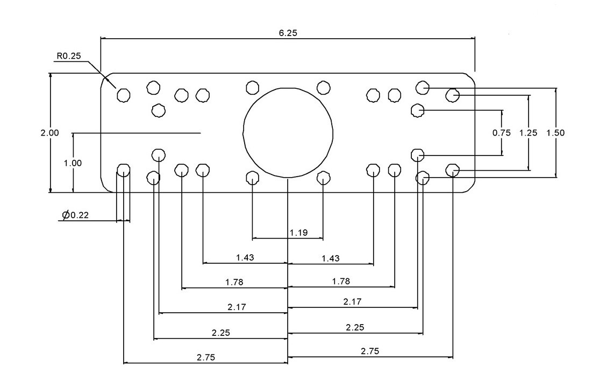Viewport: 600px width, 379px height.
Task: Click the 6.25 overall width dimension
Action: click(288, 33)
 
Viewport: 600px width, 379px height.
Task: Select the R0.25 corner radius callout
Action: click(68, 56)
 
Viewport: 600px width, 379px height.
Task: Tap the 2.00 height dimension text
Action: click(49, 132)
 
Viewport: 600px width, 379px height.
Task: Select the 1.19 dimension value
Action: click(298, 233)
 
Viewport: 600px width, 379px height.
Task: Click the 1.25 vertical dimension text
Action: click(528, 133)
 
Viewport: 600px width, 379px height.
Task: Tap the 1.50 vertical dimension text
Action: click(555, 133)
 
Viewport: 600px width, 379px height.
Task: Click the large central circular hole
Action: click(288, 132)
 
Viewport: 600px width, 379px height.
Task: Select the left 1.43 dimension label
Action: click(245, 258)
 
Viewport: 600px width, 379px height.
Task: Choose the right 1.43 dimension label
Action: click(331, 258)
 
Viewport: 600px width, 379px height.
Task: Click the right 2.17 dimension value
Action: click(352, 302)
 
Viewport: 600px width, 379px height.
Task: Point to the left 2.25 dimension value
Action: click(221, 333)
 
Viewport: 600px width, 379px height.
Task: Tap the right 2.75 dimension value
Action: click(370, 351)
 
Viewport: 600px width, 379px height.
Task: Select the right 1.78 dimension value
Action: click(341, 281)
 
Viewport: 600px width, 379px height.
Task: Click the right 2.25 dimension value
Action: click(355, 327)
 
